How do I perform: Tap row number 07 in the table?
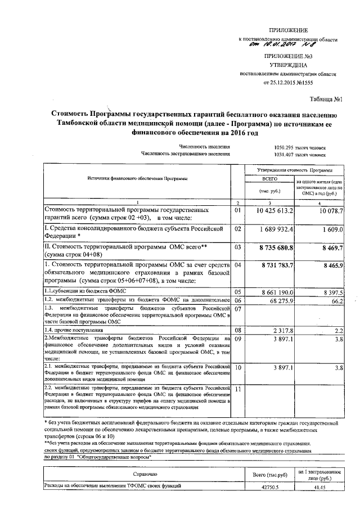click(x=237, y=309)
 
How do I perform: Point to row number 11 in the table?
click(x=237, y=389)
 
